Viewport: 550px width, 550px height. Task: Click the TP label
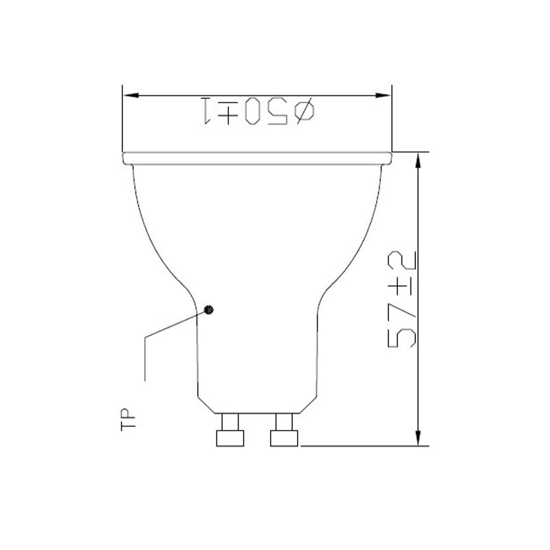[x=128, y=419]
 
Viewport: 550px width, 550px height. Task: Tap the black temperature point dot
[x=209, y=310]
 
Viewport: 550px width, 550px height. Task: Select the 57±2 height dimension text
[x=402, y=299]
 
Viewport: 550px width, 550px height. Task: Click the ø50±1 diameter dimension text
[x=258, y=111]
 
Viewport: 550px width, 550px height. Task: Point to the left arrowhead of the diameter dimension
[x=131, y=95]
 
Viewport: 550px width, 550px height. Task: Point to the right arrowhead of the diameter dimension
[x=383, y=95]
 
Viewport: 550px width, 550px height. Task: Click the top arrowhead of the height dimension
[x=418, y=161]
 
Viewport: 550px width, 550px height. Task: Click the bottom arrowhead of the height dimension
[x=418, y=437]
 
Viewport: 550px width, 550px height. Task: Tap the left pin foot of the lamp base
[x=230, y=439]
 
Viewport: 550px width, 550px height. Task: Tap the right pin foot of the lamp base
[x=284, y=439]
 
